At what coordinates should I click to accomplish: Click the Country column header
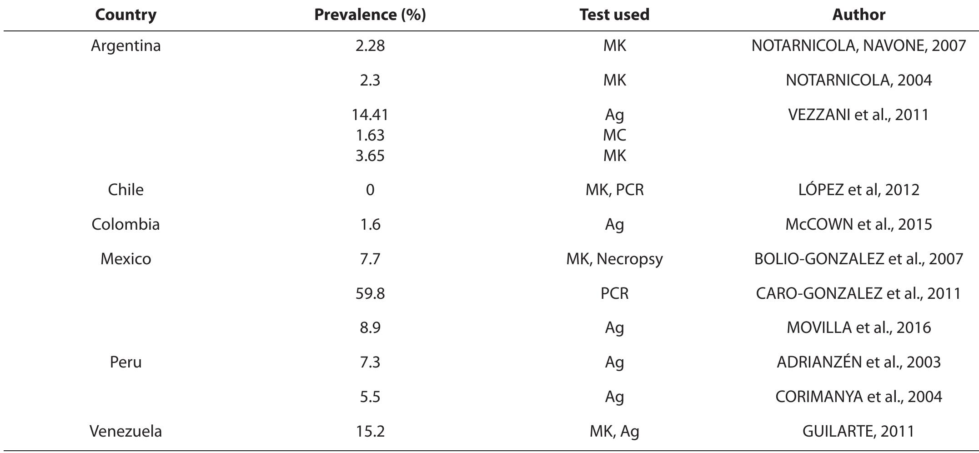coord(126,15)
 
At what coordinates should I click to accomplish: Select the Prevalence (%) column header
coord(370,15)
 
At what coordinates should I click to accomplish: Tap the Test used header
coord(614,15)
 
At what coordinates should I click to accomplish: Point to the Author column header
coord(859,15)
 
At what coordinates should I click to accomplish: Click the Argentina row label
coord(126,46)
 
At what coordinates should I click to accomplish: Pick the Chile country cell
coord(126,190)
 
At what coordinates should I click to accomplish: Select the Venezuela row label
coord(126,431)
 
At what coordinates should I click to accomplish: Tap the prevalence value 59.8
coord(370,293)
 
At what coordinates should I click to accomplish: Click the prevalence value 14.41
coord(370,115)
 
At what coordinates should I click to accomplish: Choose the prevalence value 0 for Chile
coord(370,190)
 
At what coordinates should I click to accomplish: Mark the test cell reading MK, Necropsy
coord(614,259)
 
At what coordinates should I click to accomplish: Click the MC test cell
coord(614,135)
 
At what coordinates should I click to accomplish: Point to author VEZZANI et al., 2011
coord(859,115)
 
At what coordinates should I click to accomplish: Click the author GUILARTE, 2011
coord(859,431)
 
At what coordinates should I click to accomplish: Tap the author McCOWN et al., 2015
coord(859,225)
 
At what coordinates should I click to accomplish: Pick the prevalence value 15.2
coord(370,431)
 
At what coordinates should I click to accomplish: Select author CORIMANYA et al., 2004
coord(859,397)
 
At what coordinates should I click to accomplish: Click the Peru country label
coord(126,362)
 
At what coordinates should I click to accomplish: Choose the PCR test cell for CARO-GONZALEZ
coord(614,293)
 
